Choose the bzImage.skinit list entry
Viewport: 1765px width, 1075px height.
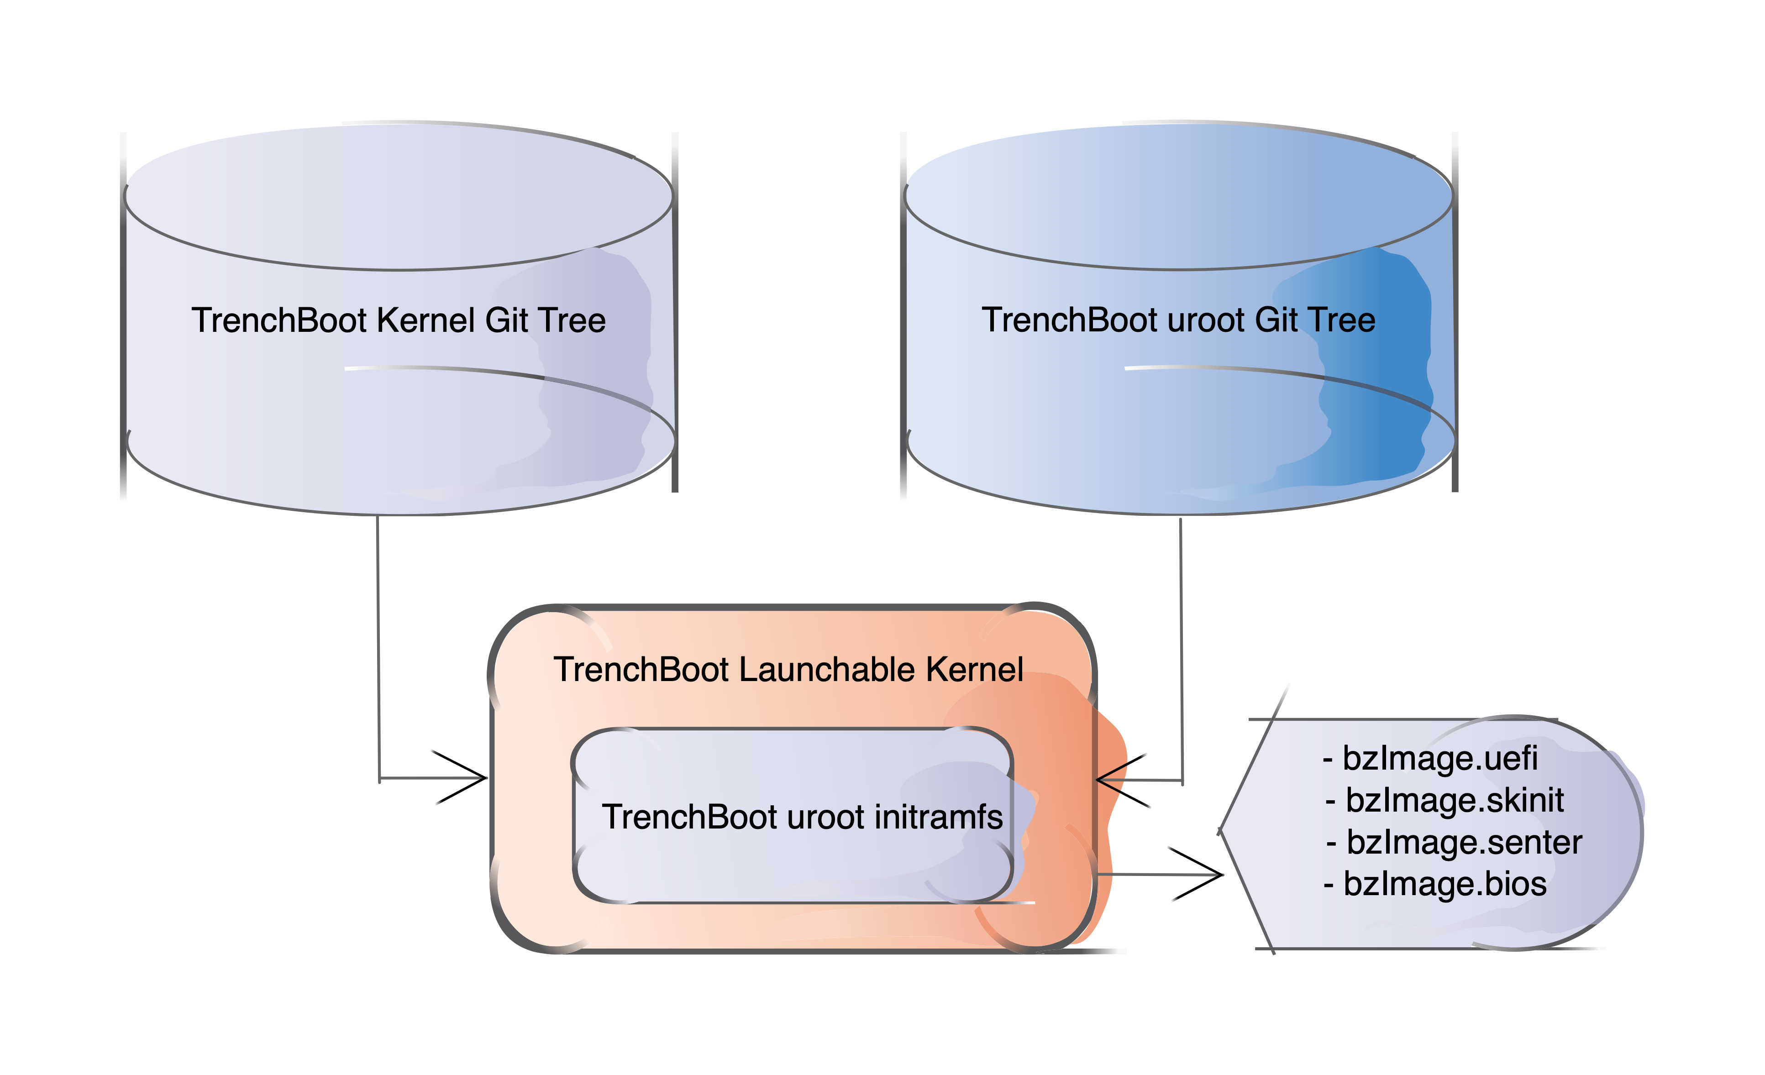pos(1445,800)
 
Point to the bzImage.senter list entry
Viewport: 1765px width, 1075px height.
pos(1454,842)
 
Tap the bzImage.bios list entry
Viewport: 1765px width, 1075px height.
pos(1435,884)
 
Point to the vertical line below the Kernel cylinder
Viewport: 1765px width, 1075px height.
pos(378,645)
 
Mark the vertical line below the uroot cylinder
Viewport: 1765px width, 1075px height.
pos(1181,645)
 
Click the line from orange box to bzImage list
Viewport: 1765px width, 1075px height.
pos(1161,875)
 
